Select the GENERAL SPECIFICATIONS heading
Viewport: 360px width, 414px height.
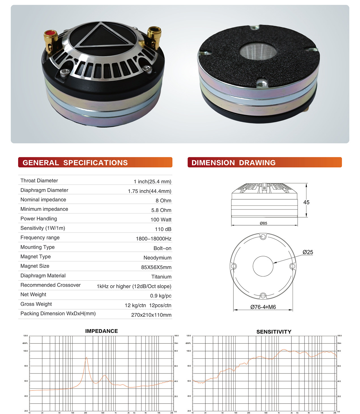pos(75,163)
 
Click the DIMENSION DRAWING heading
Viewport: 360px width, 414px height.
pos(233,163)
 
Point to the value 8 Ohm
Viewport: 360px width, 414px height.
pos(163,201)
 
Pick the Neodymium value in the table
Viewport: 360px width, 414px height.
pos(157,258)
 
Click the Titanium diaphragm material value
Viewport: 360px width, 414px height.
pos(161,277)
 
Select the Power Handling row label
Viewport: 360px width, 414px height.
pos(39,218)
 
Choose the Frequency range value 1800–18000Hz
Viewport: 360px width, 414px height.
pos(154,239)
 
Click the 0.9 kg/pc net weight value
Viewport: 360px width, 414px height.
pos(161,296)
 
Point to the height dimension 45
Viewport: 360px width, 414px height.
pos(306,202)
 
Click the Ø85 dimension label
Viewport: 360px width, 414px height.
pos(263,223)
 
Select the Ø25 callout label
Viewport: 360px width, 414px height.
pos(308,252)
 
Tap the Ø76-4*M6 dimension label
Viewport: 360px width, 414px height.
pos(263,307)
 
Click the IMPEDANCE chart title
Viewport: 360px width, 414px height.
pos(101,331)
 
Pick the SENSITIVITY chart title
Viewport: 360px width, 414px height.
pos(274,332)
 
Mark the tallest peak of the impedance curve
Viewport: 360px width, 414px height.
pos(86,358)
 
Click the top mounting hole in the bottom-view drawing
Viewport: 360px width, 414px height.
pos(263,237)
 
